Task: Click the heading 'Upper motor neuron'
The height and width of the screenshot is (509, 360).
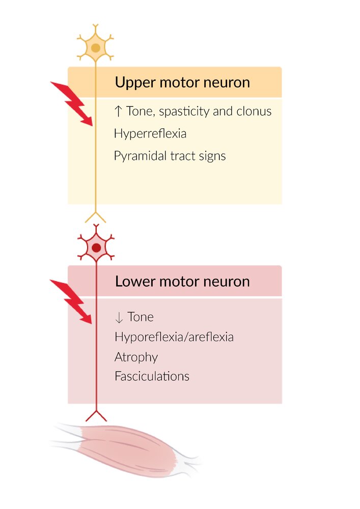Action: (182, 82)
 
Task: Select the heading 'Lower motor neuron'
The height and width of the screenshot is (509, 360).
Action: (182, 281)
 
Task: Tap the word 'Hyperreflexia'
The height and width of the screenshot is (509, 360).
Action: (150, 134)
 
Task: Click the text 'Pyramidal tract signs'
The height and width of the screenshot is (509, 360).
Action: (170, 156)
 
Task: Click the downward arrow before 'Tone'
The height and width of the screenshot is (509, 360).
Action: (119, 318)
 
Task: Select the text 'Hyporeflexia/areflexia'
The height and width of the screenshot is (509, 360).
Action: (174, 337)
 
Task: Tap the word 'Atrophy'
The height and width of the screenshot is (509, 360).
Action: (136, 357)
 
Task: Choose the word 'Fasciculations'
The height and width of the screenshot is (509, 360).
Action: (152, 377)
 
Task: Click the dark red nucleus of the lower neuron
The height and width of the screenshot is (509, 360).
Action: (96, 248)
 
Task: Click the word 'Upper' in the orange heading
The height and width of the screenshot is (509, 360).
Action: (133, 82)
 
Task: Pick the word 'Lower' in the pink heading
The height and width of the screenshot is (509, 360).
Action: (133, 281)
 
